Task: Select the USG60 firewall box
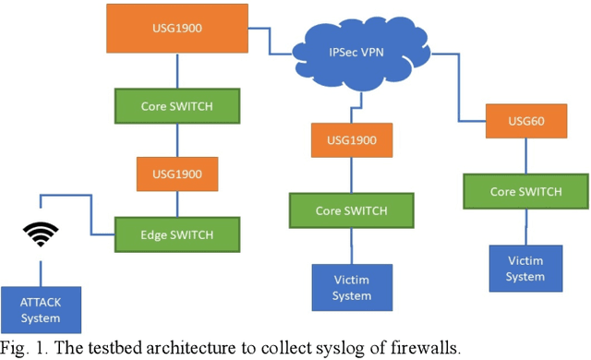[521, 121]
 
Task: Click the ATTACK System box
[42, 309]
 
